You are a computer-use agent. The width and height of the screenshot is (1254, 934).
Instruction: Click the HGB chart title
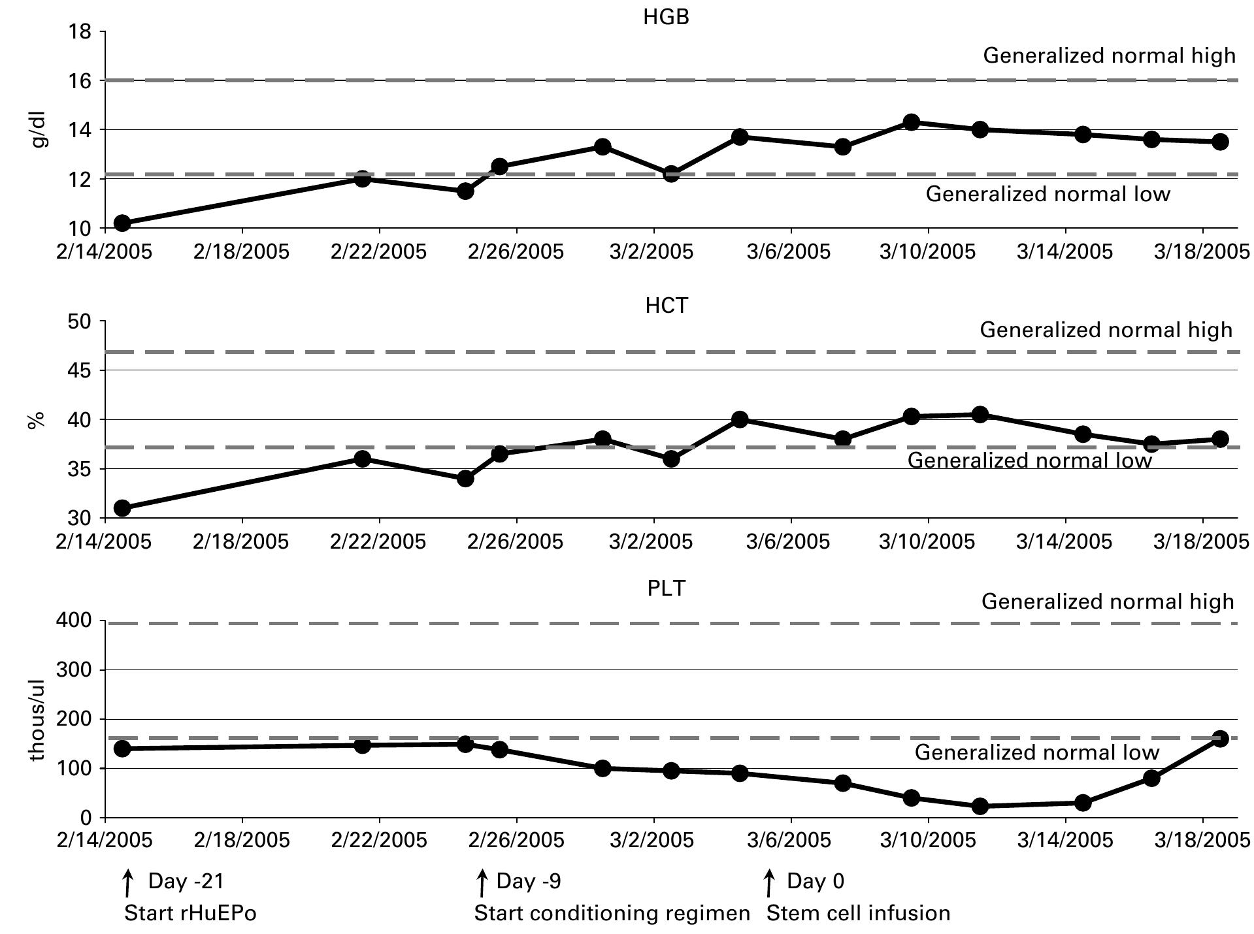[x=666, y=17]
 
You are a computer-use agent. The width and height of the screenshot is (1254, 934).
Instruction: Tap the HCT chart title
[x=666, y=306]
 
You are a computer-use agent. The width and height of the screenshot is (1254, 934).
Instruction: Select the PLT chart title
[x=666, y=588]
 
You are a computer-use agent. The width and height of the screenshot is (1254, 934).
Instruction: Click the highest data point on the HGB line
[x=911, y=122]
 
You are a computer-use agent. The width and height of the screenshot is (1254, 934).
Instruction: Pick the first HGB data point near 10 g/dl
[x=122, y=223]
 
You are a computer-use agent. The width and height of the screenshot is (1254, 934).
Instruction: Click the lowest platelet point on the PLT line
[x=980, y=806]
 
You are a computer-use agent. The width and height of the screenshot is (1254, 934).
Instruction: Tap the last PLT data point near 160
[x=1219, y=739]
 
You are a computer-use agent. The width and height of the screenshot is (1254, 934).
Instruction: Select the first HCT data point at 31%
[x=122, y=508]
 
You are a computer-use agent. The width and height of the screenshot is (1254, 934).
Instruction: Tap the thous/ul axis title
[x=37, y=720]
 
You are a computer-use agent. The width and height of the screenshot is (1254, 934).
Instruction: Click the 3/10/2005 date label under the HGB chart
[x=927, y=251]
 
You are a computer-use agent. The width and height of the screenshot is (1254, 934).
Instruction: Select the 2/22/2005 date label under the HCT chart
[x=378, y=541]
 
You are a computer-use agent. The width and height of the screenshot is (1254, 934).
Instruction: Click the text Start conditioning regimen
[x=612, y=912]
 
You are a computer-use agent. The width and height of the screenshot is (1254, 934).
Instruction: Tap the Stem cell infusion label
[x=858, y=912]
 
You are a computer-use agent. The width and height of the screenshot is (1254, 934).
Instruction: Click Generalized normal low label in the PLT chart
[x=1036, y=752]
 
